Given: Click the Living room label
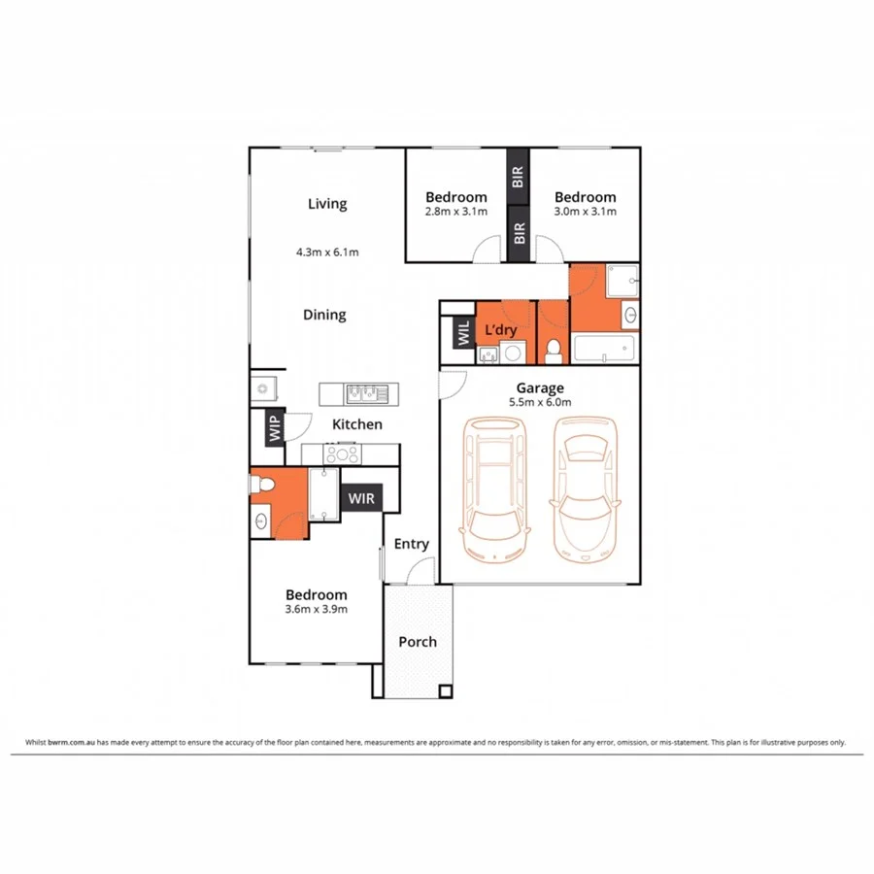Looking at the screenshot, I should coord(327,204).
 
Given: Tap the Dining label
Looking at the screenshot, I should coord(324,315).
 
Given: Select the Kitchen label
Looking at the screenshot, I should coord(357,424).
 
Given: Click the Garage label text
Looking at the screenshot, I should coord(540,388).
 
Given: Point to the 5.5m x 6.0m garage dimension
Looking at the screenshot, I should coord(540,402).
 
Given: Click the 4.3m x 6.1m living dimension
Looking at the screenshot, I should coord(327,252).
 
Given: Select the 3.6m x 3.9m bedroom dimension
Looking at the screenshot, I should coord(316,609).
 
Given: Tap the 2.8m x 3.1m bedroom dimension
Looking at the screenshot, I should coord(455,211).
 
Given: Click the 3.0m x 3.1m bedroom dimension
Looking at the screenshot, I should coord(585,211).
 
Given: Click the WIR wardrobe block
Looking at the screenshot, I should coord(360,498).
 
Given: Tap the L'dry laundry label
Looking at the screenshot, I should coord(500,330).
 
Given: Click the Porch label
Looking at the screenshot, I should coord(418,642).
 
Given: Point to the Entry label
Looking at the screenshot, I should coord(411,544).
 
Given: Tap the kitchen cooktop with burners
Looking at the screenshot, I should coord(344,454).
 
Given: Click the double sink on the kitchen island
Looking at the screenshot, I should coord(366,393).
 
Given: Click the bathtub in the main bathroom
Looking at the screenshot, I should coord(604,349).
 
